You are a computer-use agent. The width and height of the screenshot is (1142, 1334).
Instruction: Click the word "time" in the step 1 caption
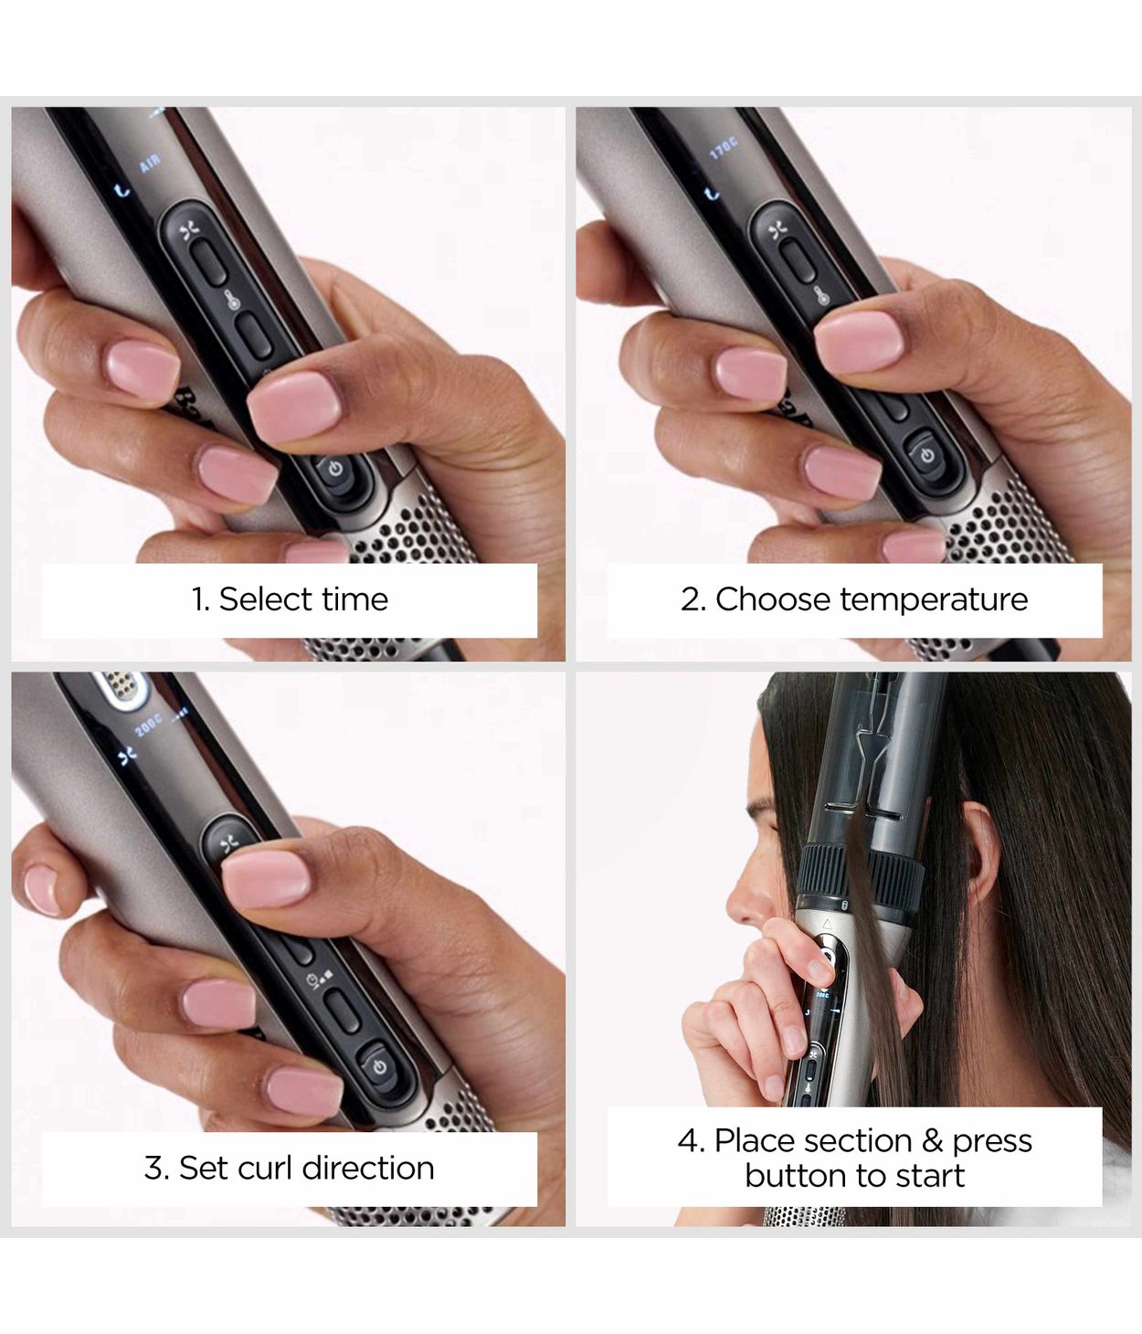355,599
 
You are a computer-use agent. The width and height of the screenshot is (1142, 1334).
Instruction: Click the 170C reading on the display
723,148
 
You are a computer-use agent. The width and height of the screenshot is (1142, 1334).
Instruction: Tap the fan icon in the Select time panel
189,229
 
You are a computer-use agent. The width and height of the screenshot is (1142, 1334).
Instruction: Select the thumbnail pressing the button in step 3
267,876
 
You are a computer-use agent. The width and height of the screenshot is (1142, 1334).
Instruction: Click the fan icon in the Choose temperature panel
777,230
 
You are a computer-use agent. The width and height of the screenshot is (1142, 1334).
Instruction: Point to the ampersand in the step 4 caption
932,1141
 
